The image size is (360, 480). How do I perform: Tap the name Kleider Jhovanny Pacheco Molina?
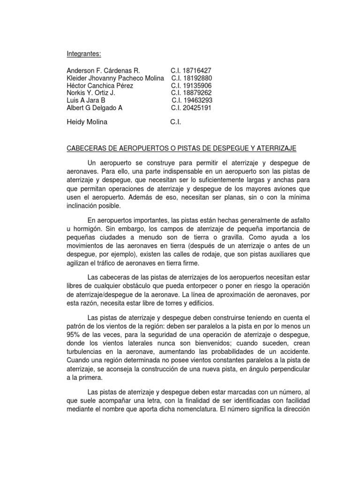116,78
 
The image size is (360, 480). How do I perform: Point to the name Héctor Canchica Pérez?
100,86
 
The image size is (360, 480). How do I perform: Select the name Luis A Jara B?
87,100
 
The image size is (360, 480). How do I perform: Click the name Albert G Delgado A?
95,108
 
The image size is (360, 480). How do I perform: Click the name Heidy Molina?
88,122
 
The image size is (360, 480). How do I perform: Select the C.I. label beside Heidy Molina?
175,122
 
